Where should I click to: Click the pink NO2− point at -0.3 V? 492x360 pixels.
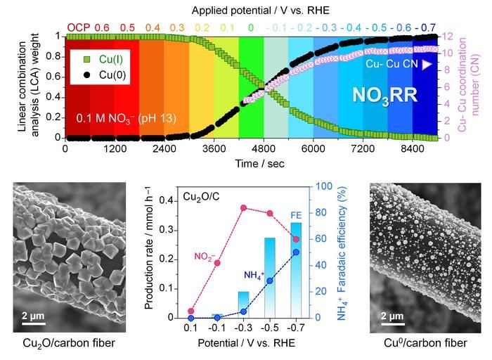243,208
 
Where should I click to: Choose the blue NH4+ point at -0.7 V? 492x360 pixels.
296,252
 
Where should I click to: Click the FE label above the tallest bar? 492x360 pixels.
296,215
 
